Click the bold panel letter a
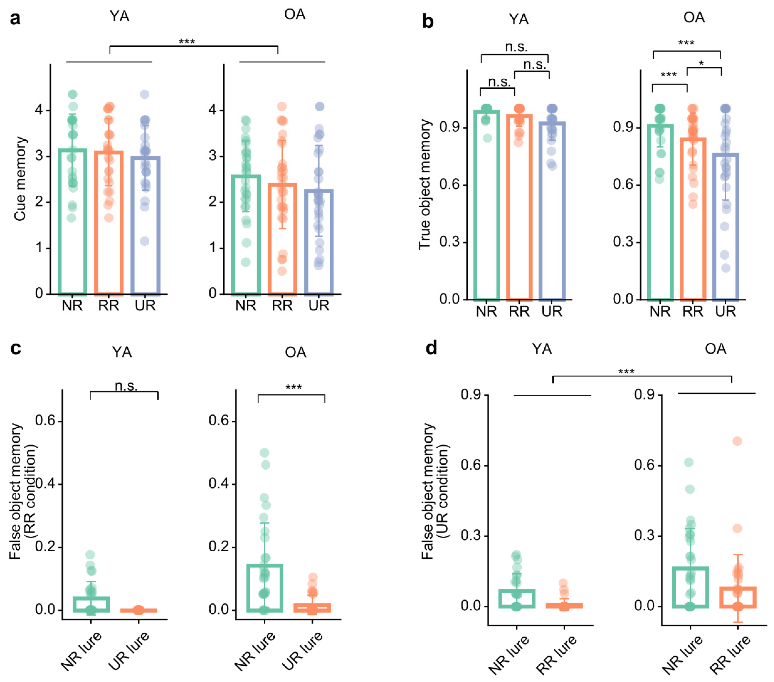tap(15, 18)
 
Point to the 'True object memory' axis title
tap(425, 185)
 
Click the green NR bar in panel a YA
tap(72, 221)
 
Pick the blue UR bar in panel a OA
tap(319, 241)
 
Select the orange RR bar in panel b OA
tap(693, 219)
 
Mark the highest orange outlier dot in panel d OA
tap(737, 441)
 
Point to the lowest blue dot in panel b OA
tap(726, 268)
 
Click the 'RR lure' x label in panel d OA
tap(730, 654)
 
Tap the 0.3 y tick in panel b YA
tap(450, 241)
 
